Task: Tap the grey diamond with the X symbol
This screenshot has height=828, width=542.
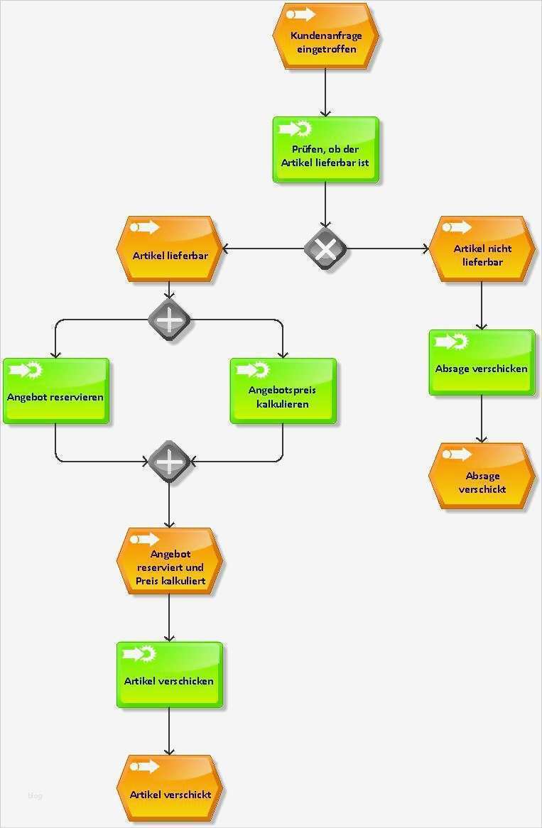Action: click(325, 249)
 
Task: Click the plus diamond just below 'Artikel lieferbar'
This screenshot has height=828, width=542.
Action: click(169, 320)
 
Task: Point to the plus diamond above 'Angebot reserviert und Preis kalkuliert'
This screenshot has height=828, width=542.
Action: click(169, 462)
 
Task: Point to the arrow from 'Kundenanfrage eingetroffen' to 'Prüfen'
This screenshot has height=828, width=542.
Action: click(325, 92)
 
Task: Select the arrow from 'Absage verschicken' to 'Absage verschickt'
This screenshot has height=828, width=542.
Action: click(482, 419)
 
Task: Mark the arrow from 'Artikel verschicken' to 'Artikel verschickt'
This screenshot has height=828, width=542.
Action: click(169, 731)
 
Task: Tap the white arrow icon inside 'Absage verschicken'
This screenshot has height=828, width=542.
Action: click(446, 342)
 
